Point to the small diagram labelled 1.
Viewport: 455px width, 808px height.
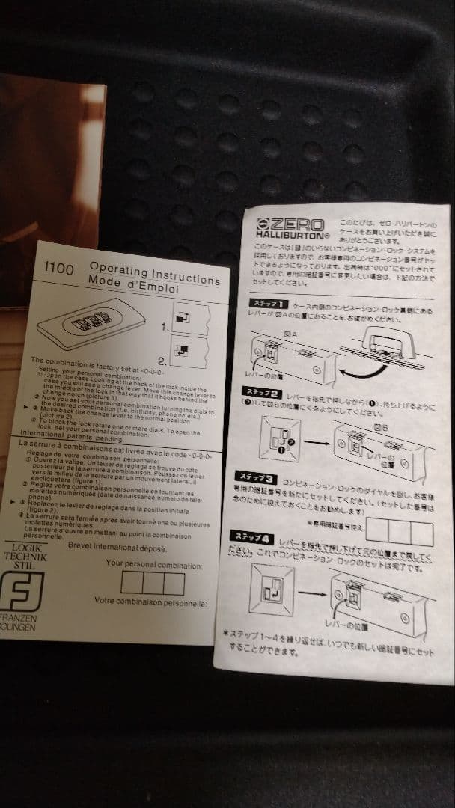pos(188,314)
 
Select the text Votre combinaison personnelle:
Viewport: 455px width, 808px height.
pos(150,601)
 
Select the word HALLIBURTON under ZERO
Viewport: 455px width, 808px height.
pos(292,236)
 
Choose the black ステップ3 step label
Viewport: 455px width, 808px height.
pos(257,477)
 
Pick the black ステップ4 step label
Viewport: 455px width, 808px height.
pos(254,537)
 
